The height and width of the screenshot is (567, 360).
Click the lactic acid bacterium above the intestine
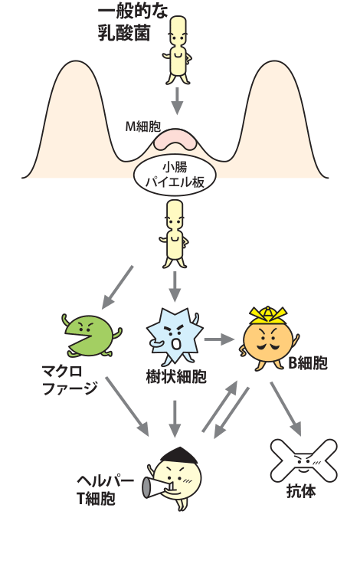(x=178, y=49)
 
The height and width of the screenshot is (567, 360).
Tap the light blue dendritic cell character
(x=174, y=336)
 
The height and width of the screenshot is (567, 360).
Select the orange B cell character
(x=269, y=342)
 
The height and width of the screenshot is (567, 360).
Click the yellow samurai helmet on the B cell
(x=269, y=314)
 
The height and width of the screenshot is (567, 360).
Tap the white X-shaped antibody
(x=304, y=462)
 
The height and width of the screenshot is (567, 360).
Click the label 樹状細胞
(x=175, y=377)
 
